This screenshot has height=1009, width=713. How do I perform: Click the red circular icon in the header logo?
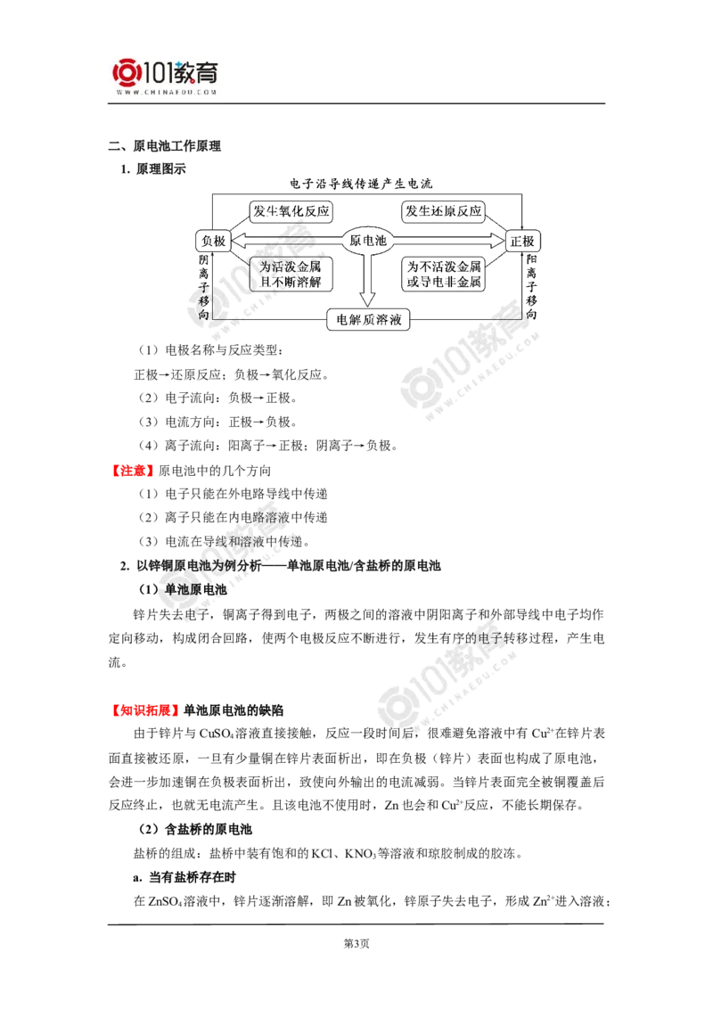(x=126, y=72)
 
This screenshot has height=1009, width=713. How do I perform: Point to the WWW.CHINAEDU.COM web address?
(x=166, y=92)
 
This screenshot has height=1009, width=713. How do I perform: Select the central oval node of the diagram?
(x=369, y=241)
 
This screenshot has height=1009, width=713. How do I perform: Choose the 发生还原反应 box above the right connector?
(x=444, y=211)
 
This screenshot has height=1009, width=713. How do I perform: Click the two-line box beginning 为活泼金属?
(x=288, y=274)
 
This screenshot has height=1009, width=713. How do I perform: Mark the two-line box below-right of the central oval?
(x=447, y=274)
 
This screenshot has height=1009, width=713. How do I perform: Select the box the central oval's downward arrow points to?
(x=368, y=319)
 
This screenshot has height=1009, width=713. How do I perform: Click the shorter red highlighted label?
(x=132, y=470)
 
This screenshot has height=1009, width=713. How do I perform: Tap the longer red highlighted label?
(x=143, y=710)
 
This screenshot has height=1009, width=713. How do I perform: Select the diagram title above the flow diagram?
(x=360, y=185)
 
